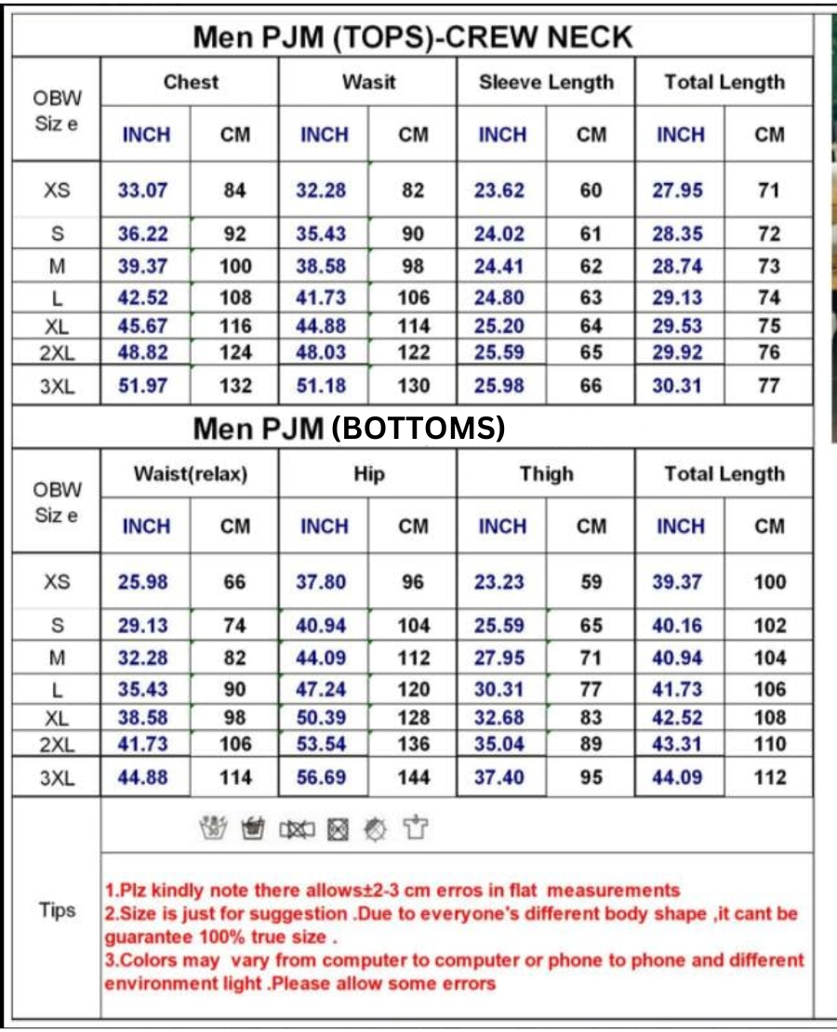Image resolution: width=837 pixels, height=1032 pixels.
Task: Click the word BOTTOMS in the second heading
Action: coord(418,428)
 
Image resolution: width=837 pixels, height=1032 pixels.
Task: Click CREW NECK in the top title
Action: coord(539,37)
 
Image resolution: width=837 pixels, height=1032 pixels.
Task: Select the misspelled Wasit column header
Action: coord(368,82)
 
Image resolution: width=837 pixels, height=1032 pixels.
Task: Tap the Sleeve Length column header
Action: coord(546,82)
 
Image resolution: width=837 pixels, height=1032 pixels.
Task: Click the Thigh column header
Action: coord(546,474)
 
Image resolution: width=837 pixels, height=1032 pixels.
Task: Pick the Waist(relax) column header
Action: coord(191,474)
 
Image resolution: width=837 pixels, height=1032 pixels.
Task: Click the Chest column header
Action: coord(190,82)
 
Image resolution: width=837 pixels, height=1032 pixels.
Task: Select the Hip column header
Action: coord(368,474)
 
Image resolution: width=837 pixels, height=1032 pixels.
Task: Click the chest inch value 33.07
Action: coord(143,191)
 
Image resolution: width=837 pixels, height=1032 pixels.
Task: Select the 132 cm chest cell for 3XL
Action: coord(235,386)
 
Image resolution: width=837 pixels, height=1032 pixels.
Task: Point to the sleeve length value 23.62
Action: coord(499,191)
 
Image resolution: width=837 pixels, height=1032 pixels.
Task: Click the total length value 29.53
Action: coord(677,326)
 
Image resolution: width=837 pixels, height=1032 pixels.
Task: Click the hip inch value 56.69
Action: coord(321,777)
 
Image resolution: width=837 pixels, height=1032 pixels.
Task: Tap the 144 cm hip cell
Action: coord(413,777)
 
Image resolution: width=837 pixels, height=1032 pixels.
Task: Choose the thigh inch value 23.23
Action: coord(499,582)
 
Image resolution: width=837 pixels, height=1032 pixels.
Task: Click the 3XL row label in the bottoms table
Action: coord(57,778)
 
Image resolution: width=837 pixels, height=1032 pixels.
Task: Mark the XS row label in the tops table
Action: coord(57,191)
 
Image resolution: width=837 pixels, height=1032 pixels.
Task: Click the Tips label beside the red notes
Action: coord(57,910)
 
